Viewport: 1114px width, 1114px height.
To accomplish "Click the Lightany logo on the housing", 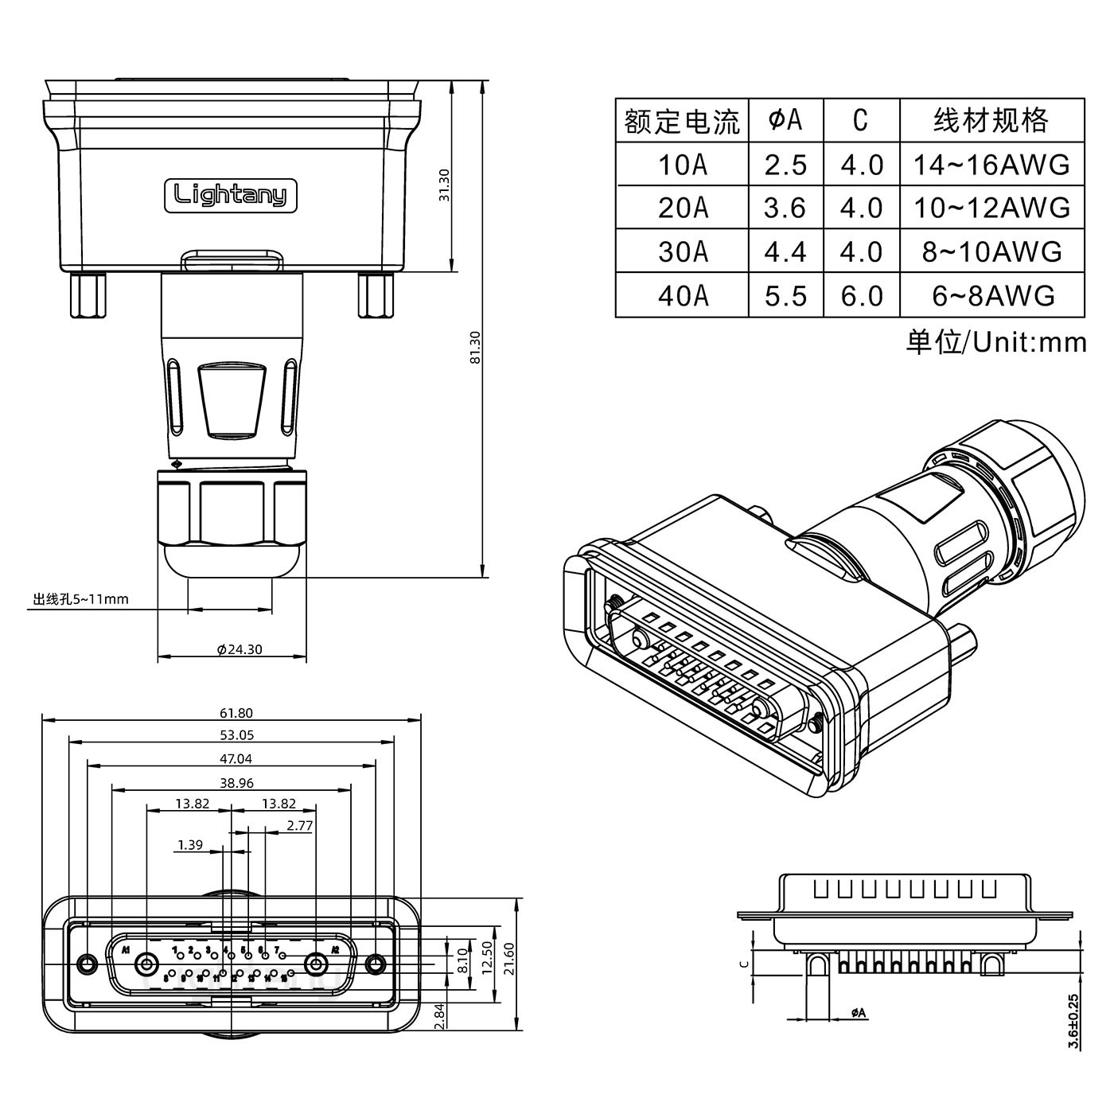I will pos(230,195).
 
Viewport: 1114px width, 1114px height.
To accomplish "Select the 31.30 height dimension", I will pos(445,185).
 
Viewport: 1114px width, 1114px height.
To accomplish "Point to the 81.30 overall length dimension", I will pos(475,347).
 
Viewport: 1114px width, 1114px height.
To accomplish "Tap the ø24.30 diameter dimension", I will pos(240,649).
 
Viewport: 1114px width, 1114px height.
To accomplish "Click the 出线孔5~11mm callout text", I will pos(80,599).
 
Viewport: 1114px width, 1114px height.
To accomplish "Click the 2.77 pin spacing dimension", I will pos(299,826).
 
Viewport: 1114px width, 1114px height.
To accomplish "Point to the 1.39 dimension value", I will pos(190,845).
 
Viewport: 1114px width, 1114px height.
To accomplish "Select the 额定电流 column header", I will pos(682,121).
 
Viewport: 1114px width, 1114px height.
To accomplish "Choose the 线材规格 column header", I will pos(991,121).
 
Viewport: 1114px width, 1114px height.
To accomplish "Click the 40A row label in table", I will pos(682,295).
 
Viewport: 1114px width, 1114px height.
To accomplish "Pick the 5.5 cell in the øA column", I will pos(785,295).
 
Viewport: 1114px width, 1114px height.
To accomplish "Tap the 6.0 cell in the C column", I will pos(861,295).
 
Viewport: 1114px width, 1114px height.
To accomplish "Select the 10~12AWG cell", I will pos(991,208).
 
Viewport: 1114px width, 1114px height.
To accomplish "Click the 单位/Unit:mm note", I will pos(995,342).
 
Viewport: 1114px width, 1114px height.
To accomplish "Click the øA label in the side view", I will pos(858,1013).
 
